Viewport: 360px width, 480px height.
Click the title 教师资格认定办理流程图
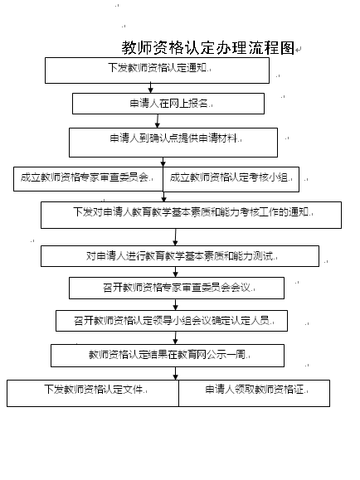pyautogui.click(x=208, y=48)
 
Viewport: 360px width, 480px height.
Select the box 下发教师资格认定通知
pyautogui.click(x=157, y=70)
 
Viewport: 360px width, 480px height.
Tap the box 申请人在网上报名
pyautogui.click(x=168, y=104)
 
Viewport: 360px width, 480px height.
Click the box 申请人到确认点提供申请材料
pyautogui.click(x=173, y=143)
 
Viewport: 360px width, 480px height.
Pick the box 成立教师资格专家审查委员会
pyautogui.click(x=88, y=179)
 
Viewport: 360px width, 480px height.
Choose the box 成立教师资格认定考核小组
pyautogui.click(x=231, y=179)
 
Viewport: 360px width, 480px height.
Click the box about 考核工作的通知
pyautogui.click(x=191, y=215)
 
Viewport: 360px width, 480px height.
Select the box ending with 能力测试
pyautogui.click(x=180, y=256)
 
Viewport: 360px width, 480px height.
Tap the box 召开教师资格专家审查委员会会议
pyautogui.click(x=177, y=288)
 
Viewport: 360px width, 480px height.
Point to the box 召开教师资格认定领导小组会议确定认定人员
pyautogui.click(x=172, y=321)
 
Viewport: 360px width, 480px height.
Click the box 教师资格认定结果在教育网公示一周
pyautogui.click(x=168, y=356)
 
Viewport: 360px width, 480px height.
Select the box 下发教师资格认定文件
pyautogui.click(x=93, y=393)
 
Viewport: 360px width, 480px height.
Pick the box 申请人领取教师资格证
pyautogui.click(x=255, y=393)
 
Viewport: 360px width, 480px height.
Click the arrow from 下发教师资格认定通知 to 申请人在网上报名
pyautogui.click(x=150, y=88)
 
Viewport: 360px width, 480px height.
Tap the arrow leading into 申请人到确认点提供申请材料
pyautogui.click(x=158, y=121)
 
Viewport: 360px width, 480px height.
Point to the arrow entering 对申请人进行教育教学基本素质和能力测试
pyautogui.click(x=175, y=237)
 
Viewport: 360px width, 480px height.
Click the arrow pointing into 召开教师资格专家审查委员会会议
pyautogui.click(x=175, y=272)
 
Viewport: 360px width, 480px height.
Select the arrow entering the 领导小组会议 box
pyautogui.click(x=175, y=304)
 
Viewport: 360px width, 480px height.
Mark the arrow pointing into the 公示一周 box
pyautogui.click(x=175, y=337)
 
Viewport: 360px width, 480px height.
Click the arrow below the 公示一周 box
pyautogui.click(x=175, y=373)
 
